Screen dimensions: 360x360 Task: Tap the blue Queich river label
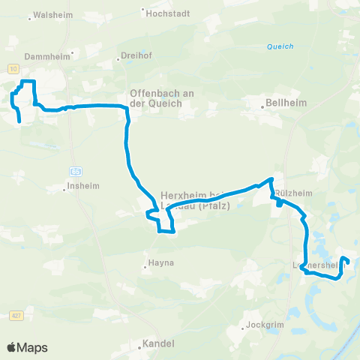[280, 46]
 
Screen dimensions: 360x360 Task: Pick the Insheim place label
[82, 188]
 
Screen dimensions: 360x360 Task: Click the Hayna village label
[162, 265]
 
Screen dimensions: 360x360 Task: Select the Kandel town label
[159, 344]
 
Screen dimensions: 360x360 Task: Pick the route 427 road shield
[16, 317]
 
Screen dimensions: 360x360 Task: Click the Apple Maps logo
[27, 347]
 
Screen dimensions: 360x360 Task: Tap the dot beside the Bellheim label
[263, 106]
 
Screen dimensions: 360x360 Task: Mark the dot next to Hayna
[146, 265]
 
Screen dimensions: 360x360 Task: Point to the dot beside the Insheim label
[65, 188]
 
